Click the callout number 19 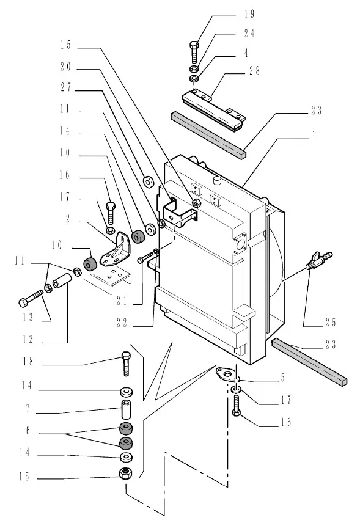click(249, 14)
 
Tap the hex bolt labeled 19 click(194, 53)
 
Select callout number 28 click(254, 71)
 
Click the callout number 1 click(314, 136)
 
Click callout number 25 click(331, 322)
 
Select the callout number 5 click(283, 378)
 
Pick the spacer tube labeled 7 click(126, 410)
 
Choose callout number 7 click(28, 408)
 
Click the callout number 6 click(28, 430)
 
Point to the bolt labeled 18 click(125, 364)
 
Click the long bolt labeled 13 click(31, 299)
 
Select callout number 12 click(28, 339)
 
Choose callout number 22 click(122, 322)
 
